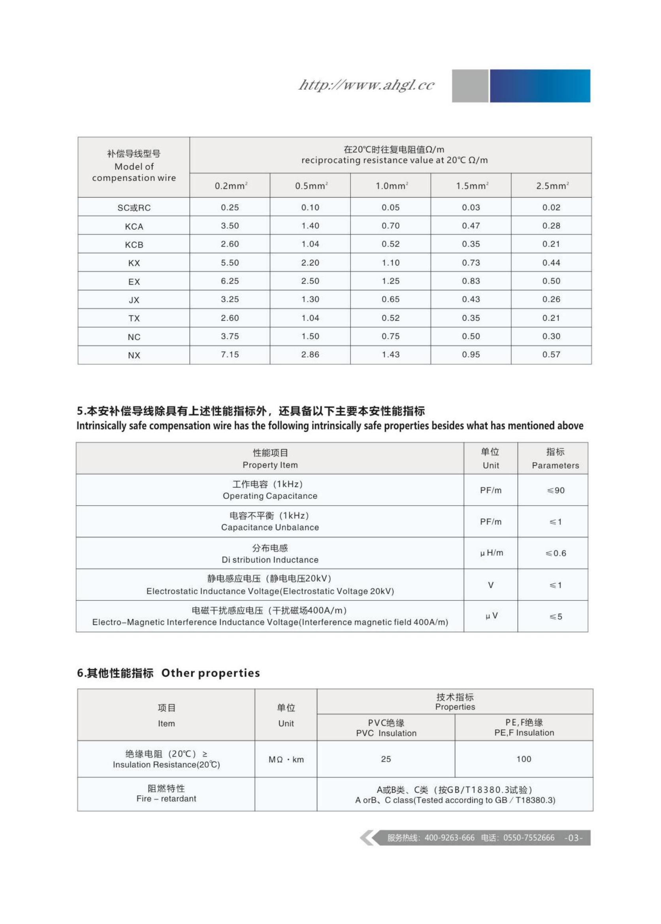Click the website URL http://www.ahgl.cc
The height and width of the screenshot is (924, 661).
click(x=366, y=85)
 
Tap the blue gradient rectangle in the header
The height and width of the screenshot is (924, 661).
click(x=540, y=86)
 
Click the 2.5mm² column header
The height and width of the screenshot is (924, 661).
click(x=552, y=186)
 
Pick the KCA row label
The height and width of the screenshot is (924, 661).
click(x=134, y=227)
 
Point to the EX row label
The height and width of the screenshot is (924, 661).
click(x=134, y=282)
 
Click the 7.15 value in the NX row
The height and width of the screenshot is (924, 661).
click(x=230, y=354)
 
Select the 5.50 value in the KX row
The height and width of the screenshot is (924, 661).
click(x=230, y=263)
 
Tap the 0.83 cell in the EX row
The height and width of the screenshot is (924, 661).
click(x=471, y=281)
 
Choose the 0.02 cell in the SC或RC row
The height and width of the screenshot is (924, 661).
click(x=551, y=207)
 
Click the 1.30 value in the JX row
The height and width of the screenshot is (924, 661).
click(x=310, y=299)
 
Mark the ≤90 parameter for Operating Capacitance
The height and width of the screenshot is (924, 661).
click(x=556, y=490)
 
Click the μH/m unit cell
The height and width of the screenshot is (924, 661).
click(x=491, y=553)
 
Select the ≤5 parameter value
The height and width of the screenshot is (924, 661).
click(x=556, y=616)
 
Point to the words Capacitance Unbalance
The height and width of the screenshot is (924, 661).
click(x=270, y=527)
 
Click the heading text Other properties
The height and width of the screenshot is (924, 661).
click(x=211, y=673)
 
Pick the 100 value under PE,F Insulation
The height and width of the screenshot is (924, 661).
click(x=524, y=759)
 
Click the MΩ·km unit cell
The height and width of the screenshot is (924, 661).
click(x=286, y=760)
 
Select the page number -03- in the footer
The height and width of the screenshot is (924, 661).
click(x=573, y=838)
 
